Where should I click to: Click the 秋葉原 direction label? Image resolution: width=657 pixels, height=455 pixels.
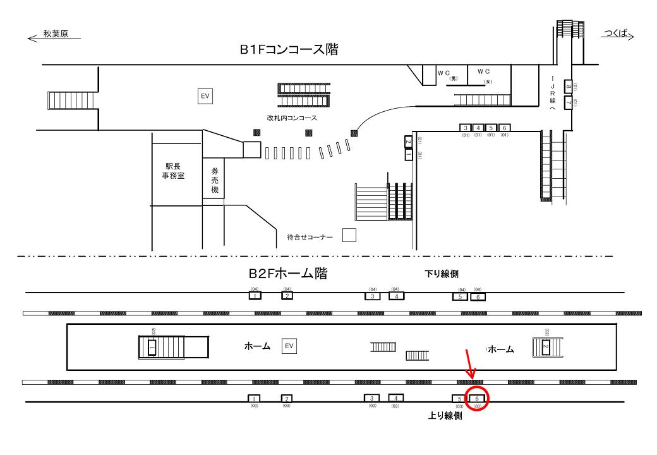click(56, 35)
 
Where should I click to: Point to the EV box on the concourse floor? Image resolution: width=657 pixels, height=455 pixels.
click(205, 95)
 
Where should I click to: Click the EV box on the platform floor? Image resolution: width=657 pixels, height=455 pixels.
click(289, 346)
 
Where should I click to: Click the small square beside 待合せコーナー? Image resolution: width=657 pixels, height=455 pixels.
click(349, 235)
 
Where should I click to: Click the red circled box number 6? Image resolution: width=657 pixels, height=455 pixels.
click(478, 398)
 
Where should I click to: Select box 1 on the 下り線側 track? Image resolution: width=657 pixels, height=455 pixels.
click(254, 296)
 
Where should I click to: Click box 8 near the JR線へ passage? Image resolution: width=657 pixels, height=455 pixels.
click(569, 87)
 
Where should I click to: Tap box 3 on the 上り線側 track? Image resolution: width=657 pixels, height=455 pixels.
click(372, 398)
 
